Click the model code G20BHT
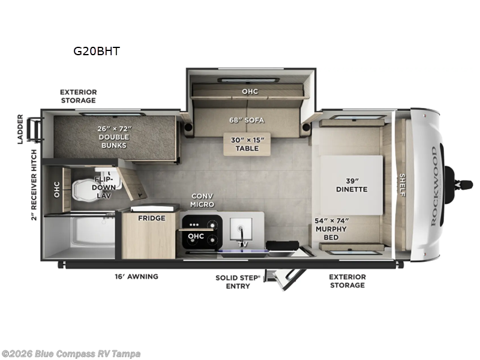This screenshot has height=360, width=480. (x=97, y=51)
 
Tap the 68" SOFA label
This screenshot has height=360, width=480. (x=246, y=120)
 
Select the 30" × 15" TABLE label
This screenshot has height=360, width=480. (x=246, y=144)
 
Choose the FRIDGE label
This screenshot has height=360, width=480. (x=151, y=218)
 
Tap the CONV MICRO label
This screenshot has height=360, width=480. (x=202, y=200)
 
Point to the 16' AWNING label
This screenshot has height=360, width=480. (x=136, y=277)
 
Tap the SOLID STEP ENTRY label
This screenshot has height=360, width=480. (x=238, y=281)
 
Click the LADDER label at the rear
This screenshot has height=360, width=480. (x=20, y=129)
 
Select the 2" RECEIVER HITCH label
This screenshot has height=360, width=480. (x=34, y=185)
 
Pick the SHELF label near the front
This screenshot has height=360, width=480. (x=402, y=184)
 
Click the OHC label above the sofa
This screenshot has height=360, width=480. (x=250, y=92)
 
